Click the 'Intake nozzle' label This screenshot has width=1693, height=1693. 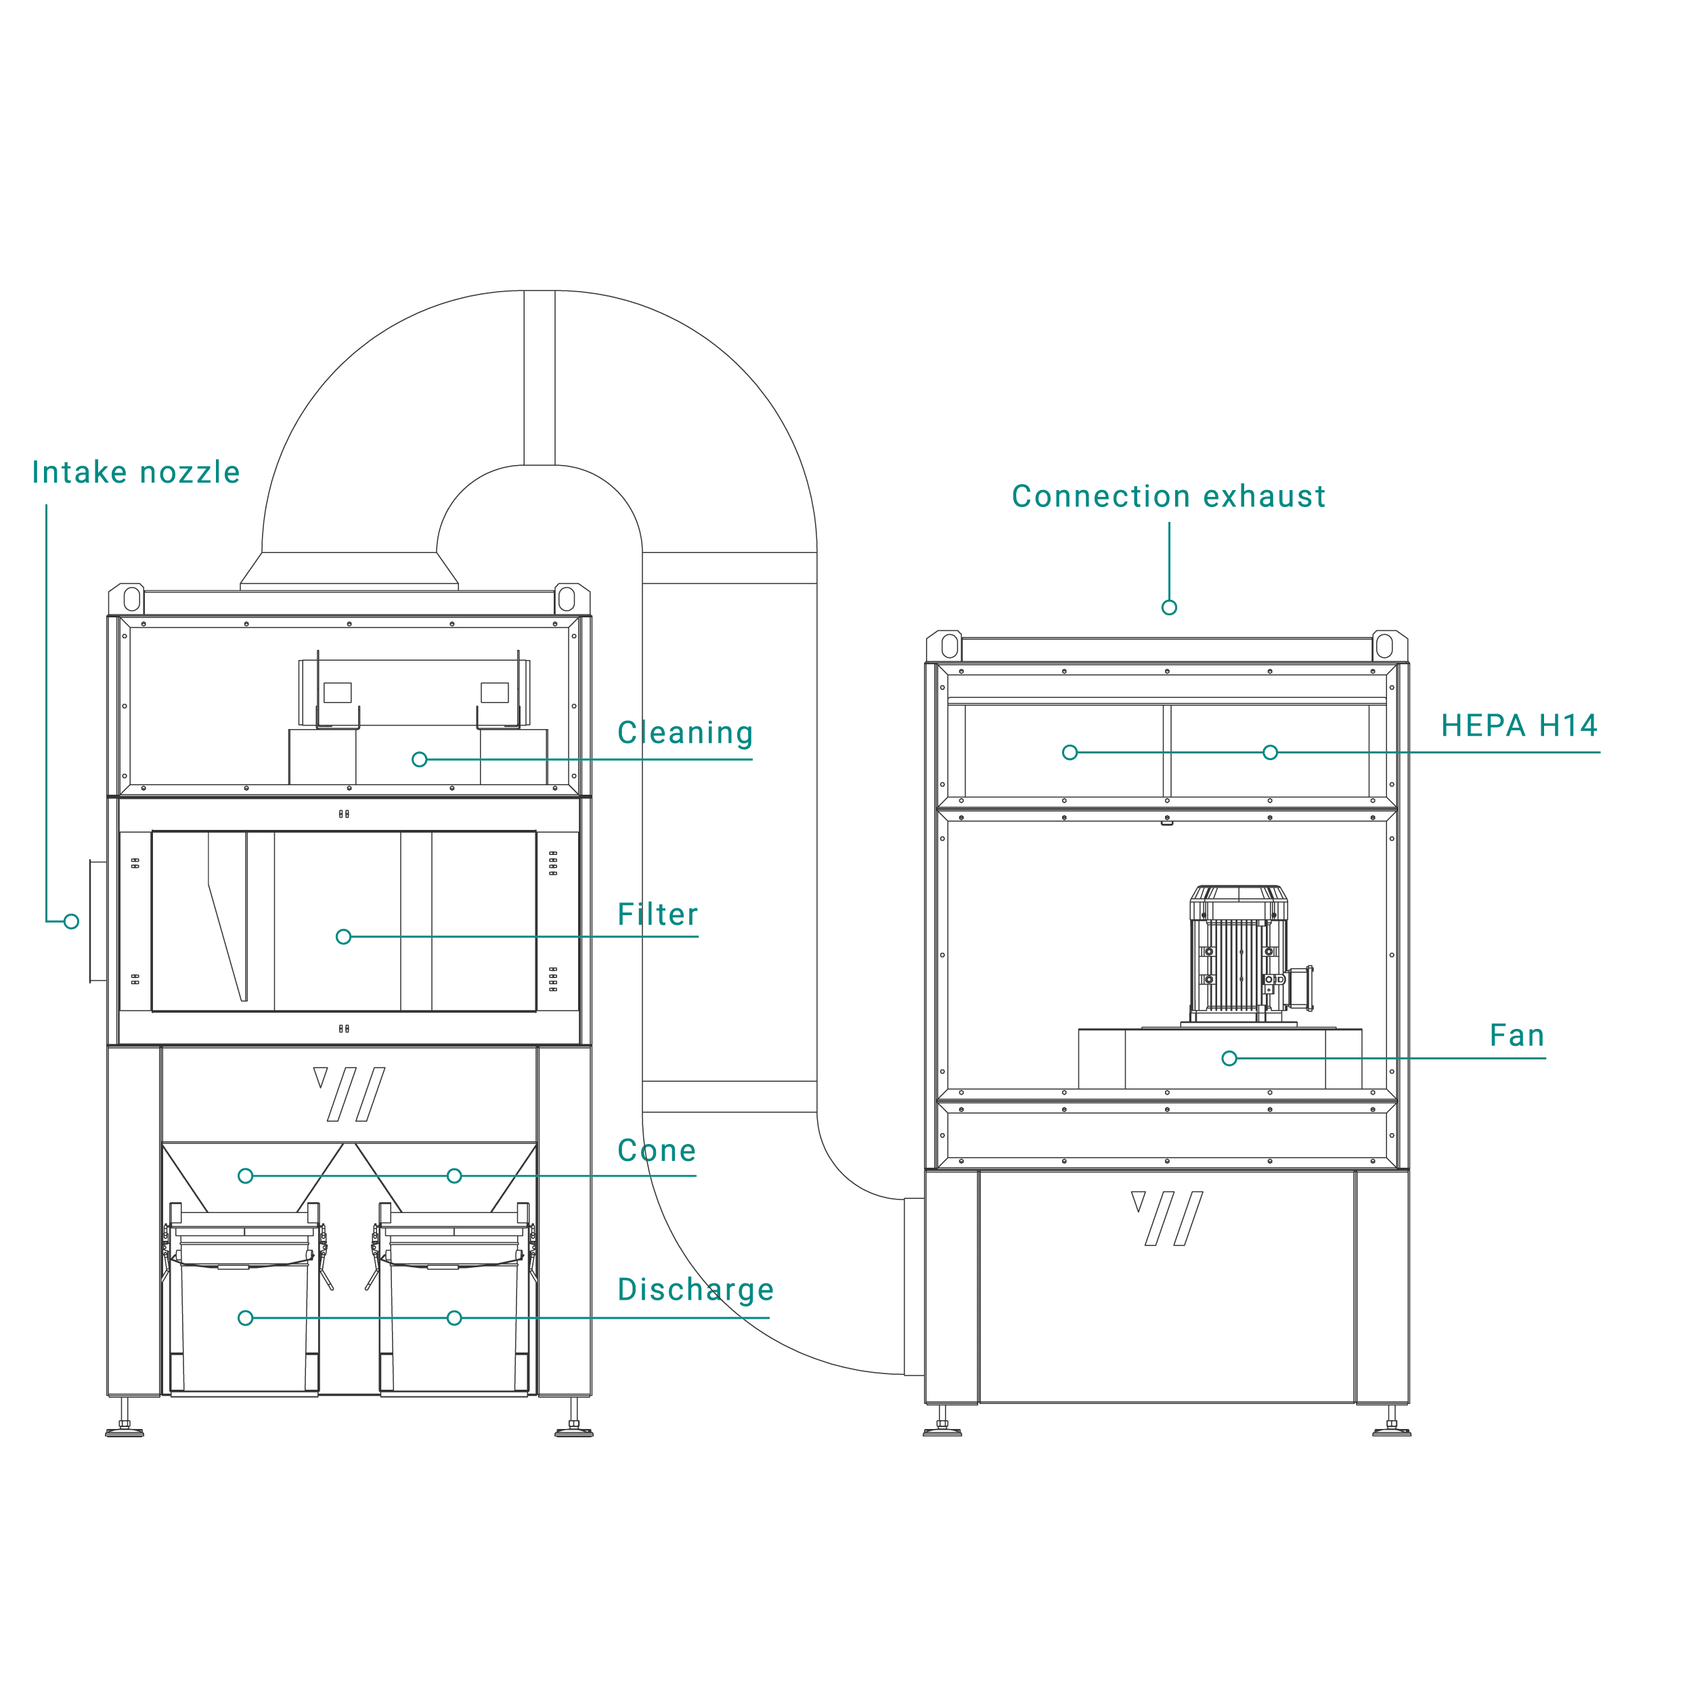[136, 472]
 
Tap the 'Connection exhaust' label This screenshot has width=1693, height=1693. [1168, 496]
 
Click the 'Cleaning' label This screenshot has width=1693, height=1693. [684, 732]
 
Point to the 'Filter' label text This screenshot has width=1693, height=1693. [657, 914]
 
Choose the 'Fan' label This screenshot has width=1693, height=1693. [1517, 1035]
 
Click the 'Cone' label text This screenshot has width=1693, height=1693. [657, 1151]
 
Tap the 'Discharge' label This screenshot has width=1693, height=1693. [696, 1289]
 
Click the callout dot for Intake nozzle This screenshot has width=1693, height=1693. [72, 921]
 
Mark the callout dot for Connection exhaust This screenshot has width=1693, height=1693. [1169, 607]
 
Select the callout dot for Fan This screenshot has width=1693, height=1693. [1229, 1059]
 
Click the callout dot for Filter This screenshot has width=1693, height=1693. [343, 937]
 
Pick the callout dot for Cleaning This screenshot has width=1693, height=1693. [420, 759]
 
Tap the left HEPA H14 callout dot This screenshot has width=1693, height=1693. [1070, 752]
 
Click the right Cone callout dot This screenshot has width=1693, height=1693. [454, 1176]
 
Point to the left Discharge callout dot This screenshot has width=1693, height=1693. [245, 1318]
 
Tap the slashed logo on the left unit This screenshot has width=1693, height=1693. [349, 1094]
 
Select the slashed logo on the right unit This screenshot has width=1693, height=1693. [1167, 1218]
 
